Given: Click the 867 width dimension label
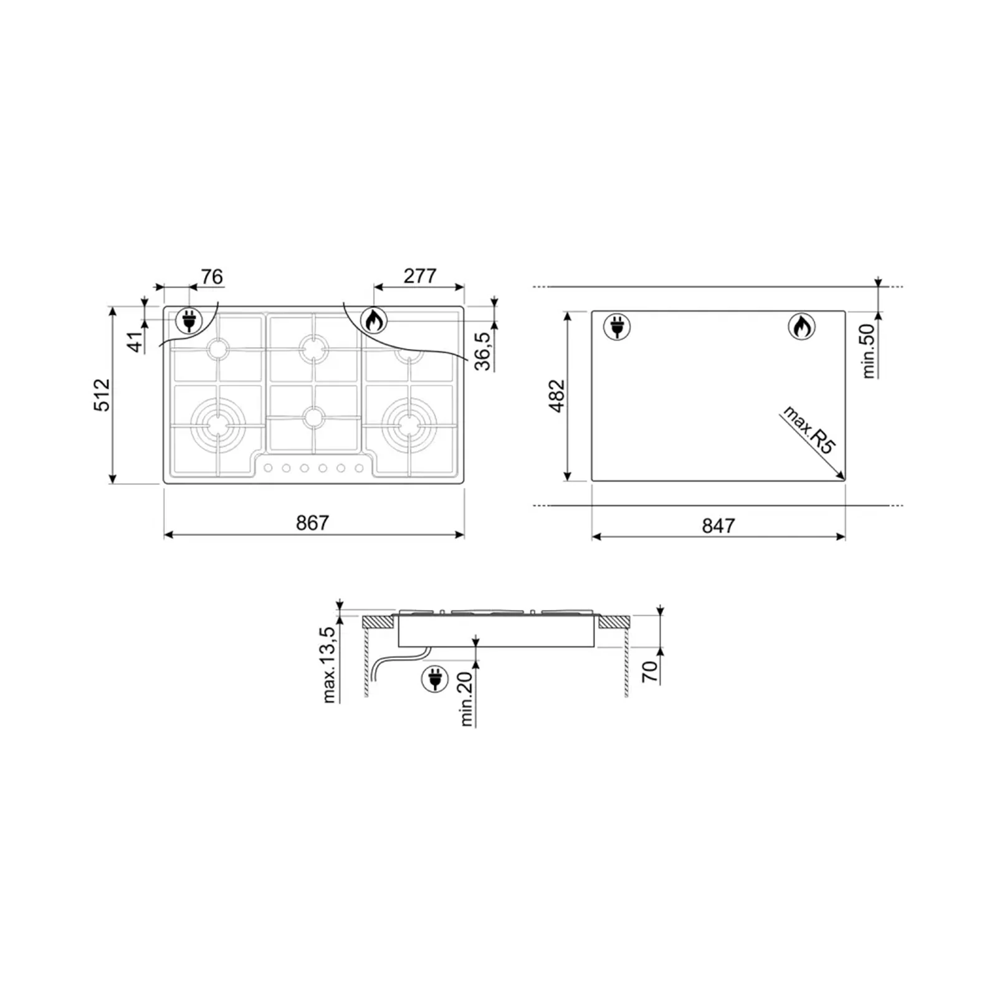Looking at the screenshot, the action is pos(312,522).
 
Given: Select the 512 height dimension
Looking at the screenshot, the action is pos(102,394).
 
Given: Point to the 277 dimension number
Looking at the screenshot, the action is pos(420,276).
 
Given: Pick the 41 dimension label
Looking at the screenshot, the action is pos(136,342).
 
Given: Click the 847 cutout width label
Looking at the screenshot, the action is pos(718,525).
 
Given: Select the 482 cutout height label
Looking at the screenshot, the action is pos(556,396).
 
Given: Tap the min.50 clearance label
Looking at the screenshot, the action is pos(868,351).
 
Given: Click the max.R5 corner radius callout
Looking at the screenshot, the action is pos(808,429).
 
